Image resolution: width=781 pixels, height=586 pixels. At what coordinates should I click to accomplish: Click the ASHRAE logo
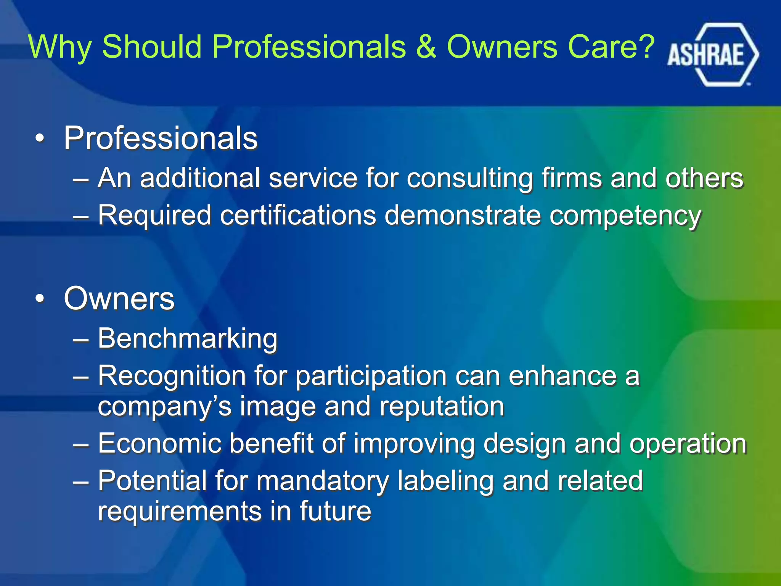[712, 55]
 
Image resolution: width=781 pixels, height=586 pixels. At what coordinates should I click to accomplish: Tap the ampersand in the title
[426, 47]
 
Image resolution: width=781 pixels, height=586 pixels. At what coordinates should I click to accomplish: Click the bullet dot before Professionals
[40, 139]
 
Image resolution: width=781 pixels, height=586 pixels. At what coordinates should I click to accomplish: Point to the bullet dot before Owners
[40, 299]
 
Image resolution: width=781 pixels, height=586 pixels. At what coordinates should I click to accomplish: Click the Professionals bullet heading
[161, 138]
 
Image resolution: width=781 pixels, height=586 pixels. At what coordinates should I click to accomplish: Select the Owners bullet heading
[119, 298]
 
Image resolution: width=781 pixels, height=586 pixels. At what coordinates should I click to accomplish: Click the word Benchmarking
[187, 339]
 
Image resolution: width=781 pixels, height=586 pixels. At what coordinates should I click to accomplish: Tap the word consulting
[469, 179]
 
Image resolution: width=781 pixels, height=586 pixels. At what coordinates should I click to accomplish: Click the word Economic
[160, 443]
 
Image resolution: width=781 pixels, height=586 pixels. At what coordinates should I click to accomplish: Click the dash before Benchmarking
[81, 339]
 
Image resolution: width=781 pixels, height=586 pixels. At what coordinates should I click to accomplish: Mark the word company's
[164, 407]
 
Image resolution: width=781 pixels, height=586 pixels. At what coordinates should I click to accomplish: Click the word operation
[688, 444]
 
